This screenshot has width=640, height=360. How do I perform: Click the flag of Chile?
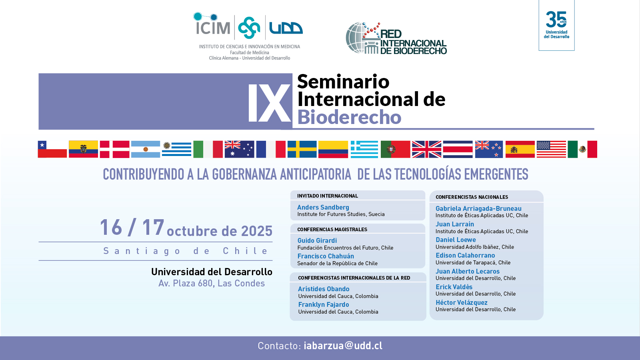click(52, 149)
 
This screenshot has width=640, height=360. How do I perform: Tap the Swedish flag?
click(302, 149)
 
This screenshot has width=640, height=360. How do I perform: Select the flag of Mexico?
click(582, 149)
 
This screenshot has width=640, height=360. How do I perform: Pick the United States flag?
click(551, 149)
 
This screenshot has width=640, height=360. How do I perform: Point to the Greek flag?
click(364, 149)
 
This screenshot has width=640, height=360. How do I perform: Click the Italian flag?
click(208, 149)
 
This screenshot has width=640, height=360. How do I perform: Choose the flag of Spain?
click(520, 149)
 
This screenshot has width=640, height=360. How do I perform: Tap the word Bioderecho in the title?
click(349, 117)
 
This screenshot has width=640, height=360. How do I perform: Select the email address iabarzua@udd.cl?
click(343, 346)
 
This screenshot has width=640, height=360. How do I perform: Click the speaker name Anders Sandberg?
click(323, 207)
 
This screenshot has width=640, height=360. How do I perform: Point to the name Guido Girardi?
click(317, 240)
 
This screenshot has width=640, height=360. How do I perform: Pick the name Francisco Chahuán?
click(326, 256)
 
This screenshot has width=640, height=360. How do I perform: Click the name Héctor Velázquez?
click(462, 302)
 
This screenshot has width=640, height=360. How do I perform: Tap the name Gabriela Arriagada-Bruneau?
click(478, 208)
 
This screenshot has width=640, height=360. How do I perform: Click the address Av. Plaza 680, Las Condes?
click(212, 284)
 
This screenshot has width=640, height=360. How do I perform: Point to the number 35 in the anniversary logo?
click(556, 19)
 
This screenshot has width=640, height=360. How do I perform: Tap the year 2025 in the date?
click(256, 231)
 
